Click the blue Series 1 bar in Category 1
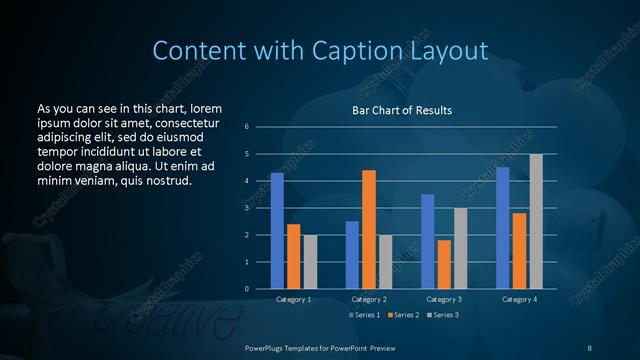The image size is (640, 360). (x=277, y=231)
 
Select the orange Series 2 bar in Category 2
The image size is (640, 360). (x=369, y=229)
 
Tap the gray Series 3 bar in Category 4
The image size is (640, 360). (x=536, y=221)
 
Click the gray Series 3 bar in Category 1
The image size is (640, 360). (x=310, y=262)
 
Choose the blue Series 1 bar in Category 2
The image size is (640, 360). (x=352, y=255)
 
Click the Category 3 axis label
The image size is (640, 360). (x=444, y=299)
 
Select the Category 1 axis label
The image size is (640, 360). (x=293, y=299)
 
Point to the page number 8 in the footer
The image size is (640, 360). (x=589, y=346)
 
